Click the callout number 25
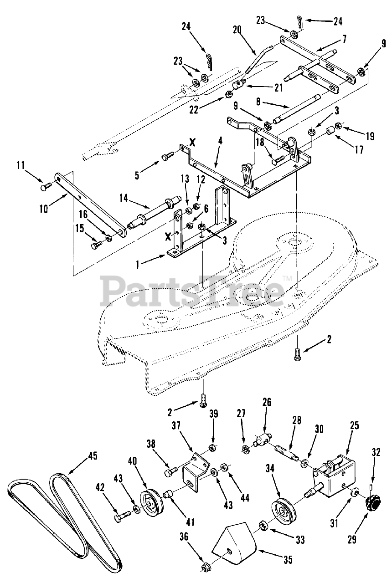(354, 425)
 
